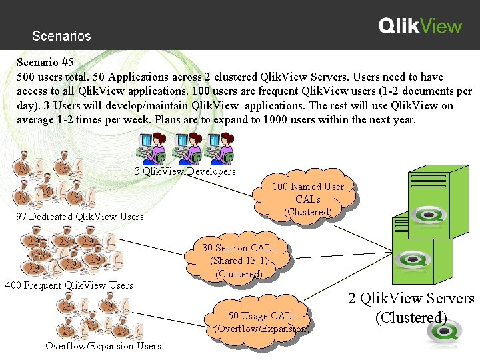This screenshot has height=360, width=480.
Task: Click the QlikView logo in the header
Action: pos(420,26)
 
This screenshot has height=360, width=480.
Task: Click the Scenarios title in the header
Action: pos(61,36)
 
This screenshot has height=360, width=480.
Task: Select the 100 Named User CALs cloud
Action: pos(307,199)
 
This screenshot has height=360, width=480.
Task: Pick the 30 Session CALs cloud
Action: pos(239,261)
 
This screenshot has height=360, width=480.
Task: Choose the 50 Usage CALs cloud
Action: pos(261,322)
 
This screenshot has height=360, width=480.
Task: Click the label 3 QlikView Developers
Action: pos(185,171)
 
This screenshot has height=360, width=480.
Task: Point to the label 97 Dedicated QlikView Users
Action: pos(80,217)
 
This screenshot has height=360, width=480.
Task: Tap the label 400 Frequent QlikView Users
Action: pos(69,285)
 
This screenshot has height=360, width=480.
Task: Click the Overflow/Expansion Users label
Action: pos(103,345)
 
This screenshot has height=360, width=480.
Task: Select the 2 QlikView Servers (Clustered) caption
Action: pos(411,307)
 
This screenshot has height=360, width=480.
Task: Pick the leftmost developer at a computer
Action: pos(153,147)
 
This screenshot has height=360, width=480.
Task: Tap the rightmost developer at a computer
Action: pos(222,147)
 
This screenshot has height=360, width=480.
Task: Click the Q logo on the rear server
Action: pos(424,215)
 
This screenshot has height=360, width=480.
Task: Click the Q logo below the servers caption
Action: pos(437,339)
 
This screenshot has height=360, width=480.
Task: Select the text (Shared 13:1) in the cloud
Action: pos(239,261)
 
